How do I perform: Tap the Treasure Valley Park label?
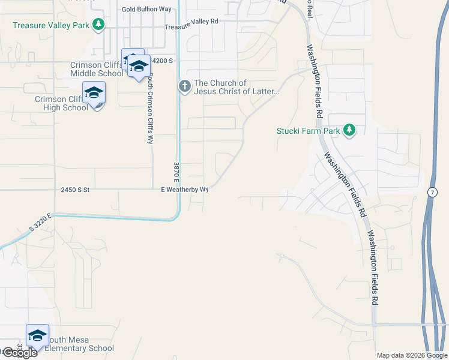click(51, 25)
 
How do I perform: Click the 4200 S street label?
click(162, 61)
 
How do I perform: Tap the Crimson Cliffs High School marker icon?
click(94, 93)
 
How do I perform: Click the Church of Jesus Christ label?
click(237, 88)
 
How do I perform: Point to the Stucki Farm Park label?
click(308, 131)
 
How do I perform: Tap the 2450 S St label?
click(75, 190)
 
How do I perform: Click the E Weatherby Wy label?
click(184, 190)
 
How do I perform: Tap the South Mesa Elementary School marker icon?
click(37, 335)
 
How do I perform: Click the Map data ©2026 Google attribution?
click(412, 355)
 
